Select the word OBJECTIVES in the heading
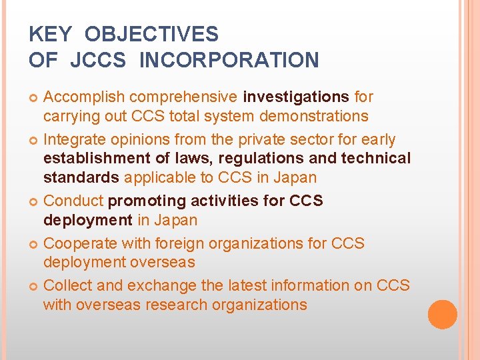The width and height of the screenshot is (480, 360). point(151,34)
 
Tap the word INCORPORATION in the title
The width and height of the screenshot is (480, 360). point(229,60)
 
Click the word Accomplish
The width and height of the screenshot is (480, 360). point(83,97)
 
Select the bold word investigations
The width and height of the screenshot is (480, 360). point(296,97)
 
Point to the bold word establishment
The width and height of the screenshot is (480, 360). point(92,158)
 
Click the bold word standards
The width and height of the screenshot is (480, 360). point(81,177)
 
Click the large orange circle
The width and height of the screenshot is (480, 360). point(443,314)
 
